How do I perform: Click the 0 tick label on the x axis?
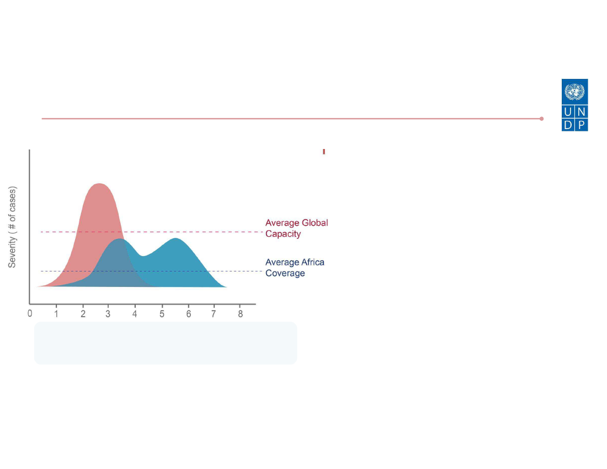[x=30, y=313]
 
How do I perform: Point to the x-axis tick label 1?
[x=56, y=314]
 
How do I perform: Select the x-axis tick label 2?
[x=83, y=314]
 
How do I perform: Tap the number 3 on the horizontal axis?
[x=108, y=314]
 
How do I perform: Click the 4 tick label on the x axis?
[x=135, y=314]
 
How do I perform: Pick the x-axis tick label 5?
[x=162, y=314]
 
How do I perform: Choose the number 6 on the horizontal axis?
[x=189, y=314]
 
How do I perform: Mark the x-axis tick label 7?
[x=214, y=314]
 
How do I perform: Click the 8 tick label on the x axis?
[x=241, y=314]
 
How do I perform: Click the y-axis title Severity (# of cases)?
[x=12, y=227]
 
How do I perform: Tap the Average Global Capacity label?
[x=296, y=228]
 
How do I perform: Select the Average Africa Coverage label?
[x=295, y=268]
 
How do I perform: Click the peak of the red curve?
[x=99, y=183]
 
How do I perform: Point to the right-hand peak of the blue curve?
[x=175, y=238]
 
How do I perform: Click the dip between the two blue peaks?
[x=143, y=256]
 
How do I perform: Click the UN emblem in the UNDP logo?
[x=574, y=92]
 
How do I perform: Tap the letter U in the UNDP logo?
[x=568, y=112]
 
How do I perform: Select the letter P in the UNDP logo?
[x=582, y=125]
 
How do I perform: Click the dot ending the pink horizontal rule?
[x=541, y=119]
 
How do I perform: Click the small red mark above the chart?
[x=324, y=151]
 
